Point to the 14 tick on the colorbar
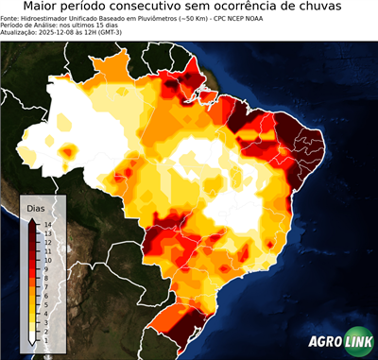click(x=46, y=225)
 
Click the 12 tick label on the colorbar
click(x=46, y=240)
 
